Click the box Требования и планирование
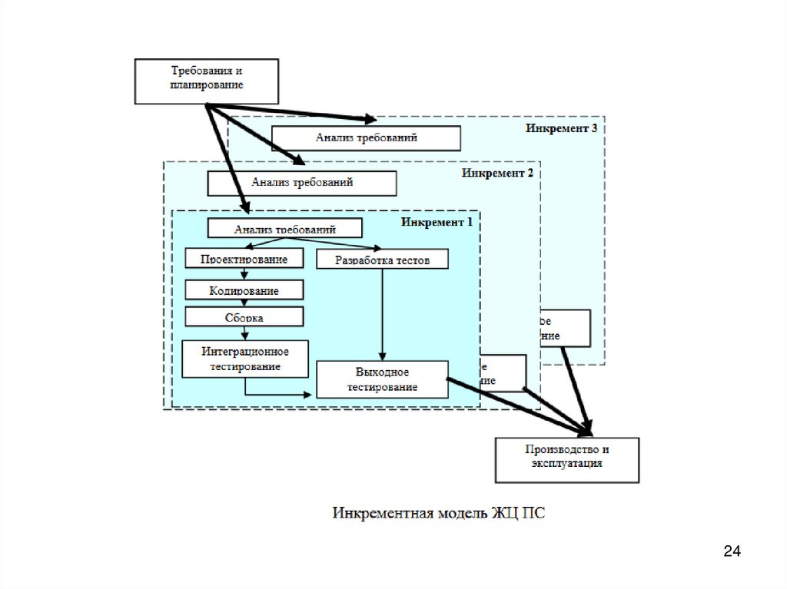[x=206, y=80]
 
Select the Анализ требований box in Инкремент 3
[x=366, y=138]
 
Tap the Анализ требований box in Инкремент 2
[x=302, y=184]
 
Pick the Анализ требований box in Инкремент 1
[x=285, y=228]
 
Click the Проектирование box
[x=244, y=259]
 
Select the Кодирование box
[x=244, y=291]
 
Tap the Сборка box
[x=244, y=316]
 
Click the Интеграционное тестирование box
[x=245, y=359]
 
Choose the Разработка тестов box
[x=382, y=260]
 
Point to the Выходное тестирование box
[x=382, y=379]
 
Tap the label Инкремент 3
[x=562, y=128]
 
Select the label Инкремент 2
[x=497, y=173]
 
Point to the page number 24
[x=732, y=551]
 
